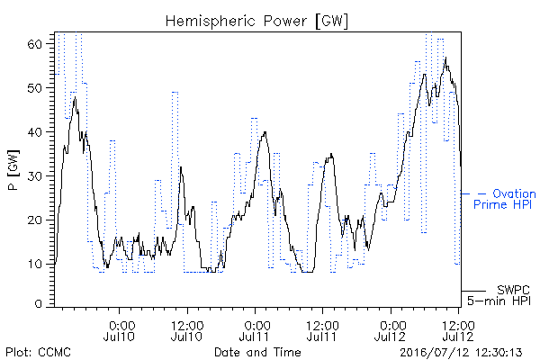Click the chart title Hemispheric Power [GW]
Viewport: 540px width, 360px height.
point(256,22)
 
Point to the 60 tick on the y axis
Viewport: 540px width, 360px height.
point(35,44)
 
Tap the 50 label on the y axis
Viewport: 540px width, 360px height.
point(35,88)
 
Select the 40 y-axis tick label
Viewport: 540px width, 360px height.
point(35,132)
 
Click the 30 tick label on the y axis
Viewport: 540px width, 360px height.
point(35,176)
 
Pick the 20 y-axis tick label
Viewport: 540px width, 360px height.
point(35,220)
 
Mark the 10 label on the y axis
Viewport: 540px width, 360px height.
point(35,265)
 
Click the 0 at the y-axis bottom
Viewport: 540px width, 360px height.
point(39,304)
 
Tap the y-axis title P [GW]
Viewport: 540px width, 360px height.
point(13,170)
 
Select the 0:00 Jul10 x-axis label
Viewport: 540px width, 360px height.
point(119,331)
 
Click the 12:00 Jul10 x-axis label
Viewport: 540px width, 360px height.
point(186,331)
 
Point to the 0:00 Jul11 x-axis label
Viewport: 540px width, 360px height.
point(255,331)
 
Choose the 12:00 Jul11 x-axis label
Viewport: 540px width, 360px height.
point(322,331)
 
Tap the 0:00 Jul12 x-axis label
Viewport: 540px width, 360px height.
point(391,331)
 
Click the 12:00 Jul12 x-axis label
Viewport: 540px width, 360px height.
point(458,331)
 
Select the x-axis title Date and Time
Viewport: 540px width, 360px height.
point(257,353)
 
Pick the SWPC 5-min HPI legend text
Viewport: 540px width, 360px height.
point(499,295)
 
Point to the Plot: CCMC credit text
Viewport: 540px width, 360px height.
point(38,353)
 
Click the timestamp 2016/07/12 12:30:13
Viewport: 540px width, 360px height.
point(461,353)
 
